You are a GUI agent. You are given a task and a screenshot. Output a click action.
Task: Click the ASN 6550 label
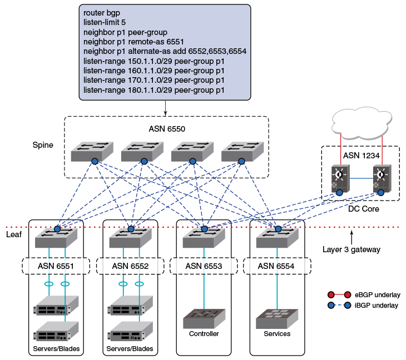click(x=167, y=129)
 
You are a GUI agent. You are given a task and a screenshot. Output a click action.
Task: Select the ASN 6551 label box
click(x=55, y=266)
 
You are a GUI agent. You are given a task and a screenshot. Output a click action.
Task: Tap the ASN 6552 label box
click(x=130, y=266)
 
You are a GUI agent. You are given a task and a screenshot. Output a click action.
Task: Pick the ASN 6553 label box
click(x=204, y=266)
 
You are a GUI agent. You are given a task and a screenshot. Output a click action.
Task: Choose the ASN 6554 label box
click(x=277, y=266)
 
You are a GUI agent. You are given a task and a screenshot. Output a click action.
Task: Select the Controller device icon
click(x=204, y=318)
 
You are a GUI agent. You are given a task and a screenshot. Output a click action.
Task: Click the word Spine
click(x=43, y=146)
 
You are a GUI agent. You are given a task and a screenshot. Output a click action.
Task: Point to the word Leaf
click(x=13, y=235)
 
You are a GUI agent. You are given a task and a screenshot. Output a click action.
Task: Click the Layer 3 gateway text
click(x=351, y=249)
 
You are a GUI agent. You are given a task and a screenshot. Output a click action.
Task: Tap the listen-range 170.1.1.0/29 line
click(x=154, y=80)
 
